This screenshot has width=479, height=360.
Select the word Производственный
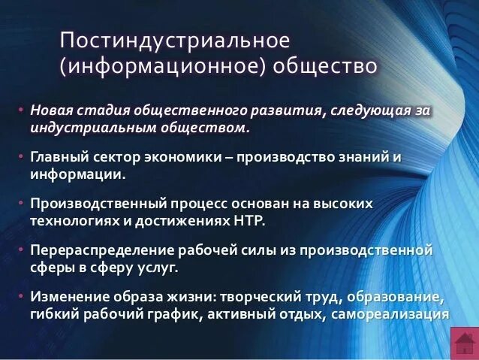[x=105, y=204]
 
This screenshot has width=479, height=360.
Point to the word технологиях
[x=78, y=220]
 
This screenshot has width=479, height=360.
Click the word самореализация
[x=396, y=313]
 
